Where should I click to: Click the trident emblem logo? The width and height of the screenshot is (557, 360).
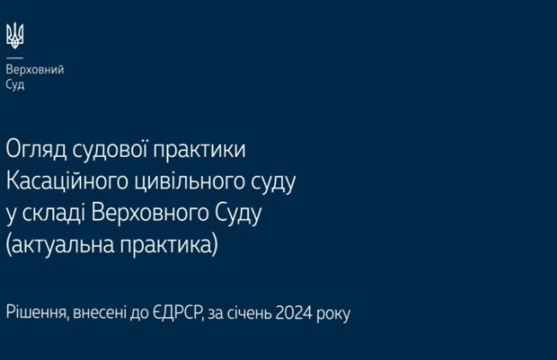(15, 35)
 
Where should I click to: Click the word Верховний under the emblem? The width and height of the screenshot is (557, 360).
(34, 70)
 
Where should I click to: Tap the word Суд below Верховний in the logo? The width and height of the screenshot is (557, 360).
(15, 85)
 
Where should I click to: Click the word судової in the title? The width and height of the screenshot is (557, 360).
(107, 150)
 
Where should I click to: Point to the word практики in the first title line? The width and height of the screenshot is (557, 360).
(199, 150)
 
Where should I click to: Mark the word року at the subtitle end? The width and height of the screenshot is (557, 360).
(333, 314)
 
